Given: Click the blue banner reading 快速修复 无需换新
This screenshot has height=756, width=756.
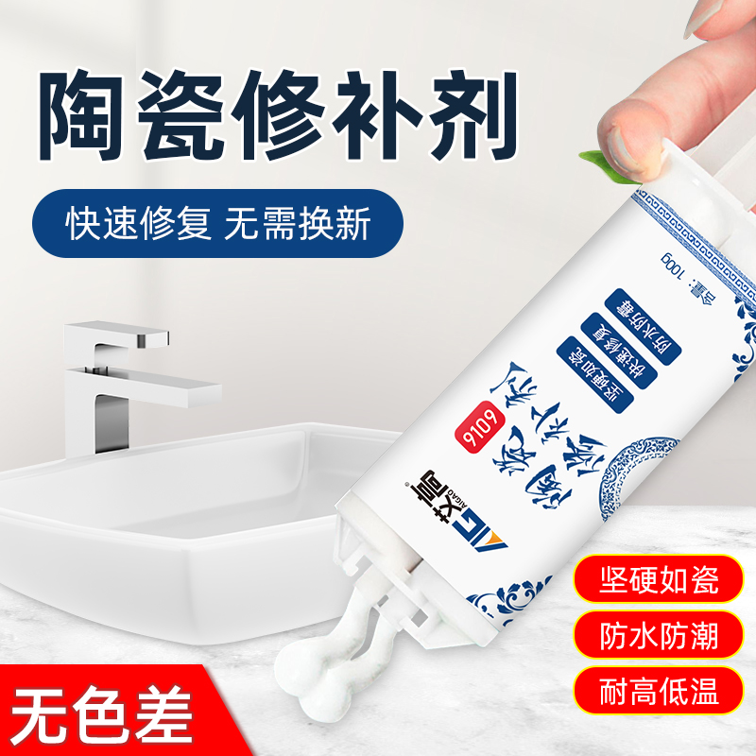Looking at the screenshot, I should (x=219, y=227).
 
